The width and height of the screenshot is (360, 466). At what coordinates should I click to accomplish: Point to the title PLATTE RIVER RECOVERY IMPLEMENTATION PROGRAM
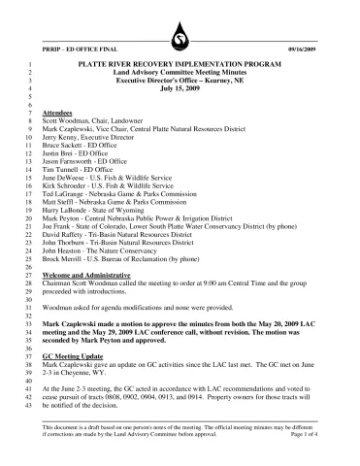[x=180, y=61]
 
